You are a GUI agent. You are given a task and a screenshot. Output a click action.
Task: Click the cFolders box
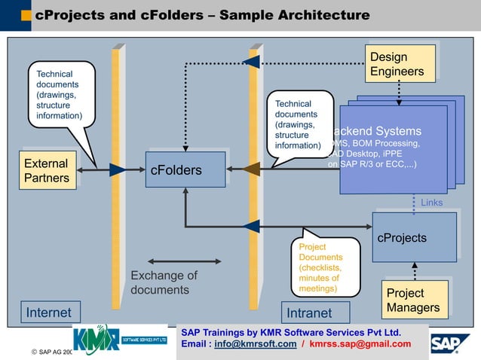click(x=185, y=169)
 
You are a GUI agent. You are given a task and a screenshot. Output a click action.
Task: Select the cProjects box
click(x=414, y=237)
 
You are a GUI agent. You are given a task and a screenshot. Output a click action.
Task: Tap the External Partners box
click(x=47, y=171)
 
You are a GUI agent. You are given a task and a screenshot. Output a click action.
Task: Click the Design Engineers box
click(x=400, y=64)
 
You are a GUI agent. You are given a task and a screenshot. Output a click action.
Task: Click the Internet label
click(x=49, y=313)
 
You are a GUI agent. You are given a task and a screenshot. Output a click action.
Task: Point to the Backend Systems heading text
click(x=381, y=131)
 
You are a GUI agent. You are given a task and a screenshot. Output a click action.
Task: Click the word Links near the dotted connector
click(x=431, y=203)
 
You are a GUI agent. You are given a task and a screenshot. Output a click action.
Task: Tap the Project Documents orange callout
click(x=325, y=267)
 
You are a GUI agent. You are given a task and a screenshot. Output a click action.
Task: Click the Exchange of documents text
click(x=164, y=282)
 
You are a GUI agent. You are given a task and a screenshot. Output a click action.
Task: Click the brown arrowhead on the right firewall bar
click(x=251, y=169)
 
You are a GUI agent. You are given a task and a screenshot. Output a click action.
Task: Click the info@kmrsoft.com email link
click(x=244, y=344)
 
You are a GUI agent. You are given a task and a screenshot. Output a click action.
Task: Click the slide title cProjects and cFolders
click(x=202, y=15)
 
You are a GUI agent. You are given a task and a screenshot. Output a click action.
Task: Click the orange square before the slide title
click(x=26, y=15)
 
